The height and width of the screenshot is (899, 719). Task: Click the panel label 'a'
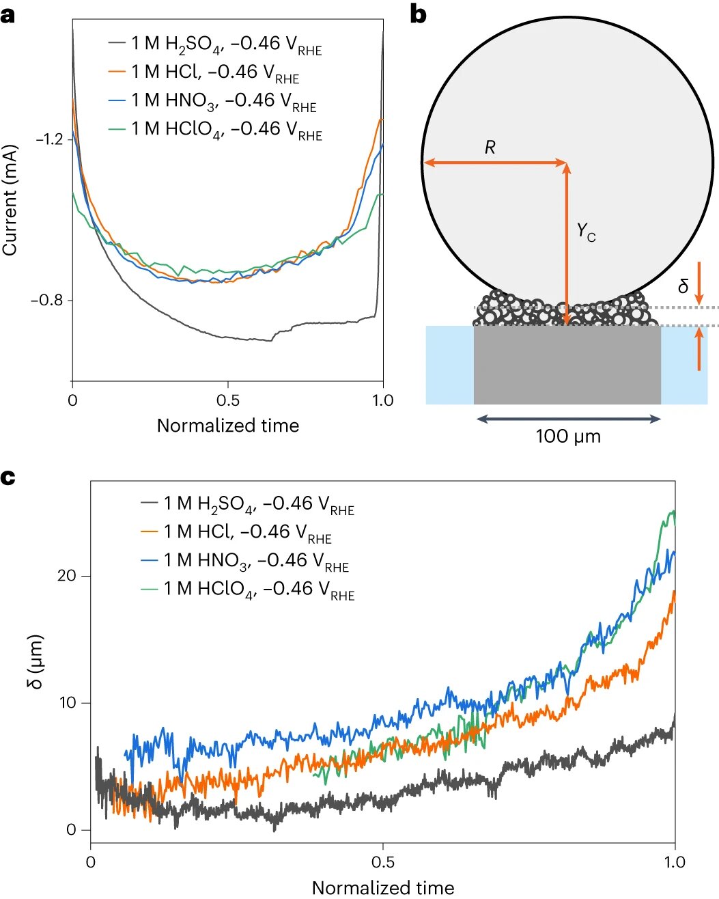8,14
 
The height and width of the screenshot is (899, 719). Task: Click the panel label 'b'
418,14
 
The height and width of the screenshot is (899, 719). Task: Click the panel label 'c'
8,477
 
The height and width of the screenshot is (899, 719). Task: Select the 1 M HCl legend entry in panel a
214,72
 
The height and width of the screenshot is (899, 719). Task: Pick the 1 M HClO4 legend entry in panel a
226,129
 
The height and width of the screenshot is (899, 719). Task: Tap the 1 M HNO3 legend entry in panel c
255,562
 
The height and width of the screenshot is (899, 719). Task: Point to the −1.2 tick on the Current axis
48,139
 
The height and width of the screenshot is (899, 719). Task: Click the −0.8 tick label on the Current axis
48,301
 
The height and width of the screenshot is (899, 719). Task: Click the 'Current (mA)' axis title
10,199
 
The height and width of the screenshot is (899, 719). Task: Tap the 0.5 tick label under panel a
228,400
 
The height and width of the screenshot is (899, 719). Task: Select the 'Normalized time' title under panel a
228,426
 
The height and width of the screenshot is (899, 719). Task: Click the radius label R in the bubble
490,148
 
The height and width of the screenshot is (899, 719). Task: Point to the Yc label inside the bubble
586,232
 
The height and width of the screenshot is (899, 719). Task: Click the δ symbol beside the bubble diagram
683,287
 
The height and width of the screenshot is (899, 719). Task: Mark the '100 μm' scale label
568,437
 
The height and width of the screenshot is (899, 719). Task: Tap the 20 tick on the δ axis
67,576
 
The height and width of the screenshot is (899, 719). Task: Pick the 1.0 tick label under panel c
675,862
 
